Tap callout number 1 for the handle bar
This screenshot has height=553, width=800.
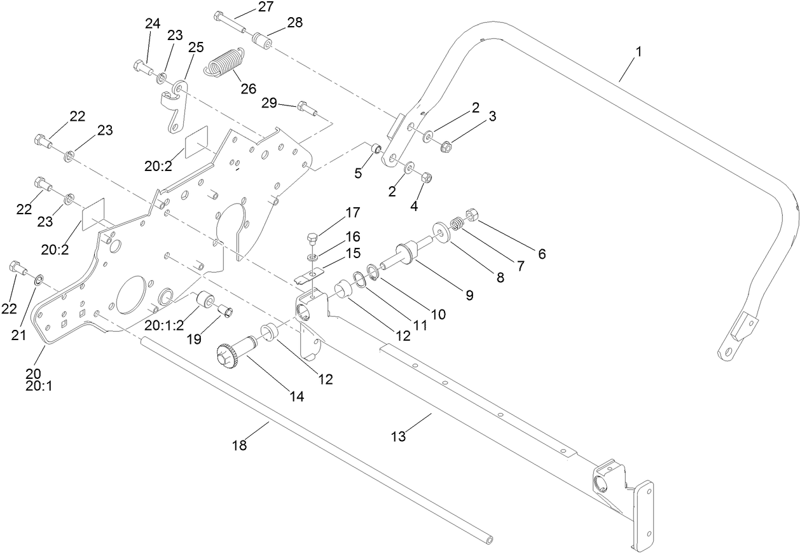point(638,51)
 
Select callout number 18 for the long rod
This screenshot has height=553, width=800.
point(239,446)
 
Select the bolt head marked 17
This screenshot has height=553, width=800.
point(311,240)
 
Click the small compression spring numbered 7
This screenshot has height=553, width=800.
point(456,224)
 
